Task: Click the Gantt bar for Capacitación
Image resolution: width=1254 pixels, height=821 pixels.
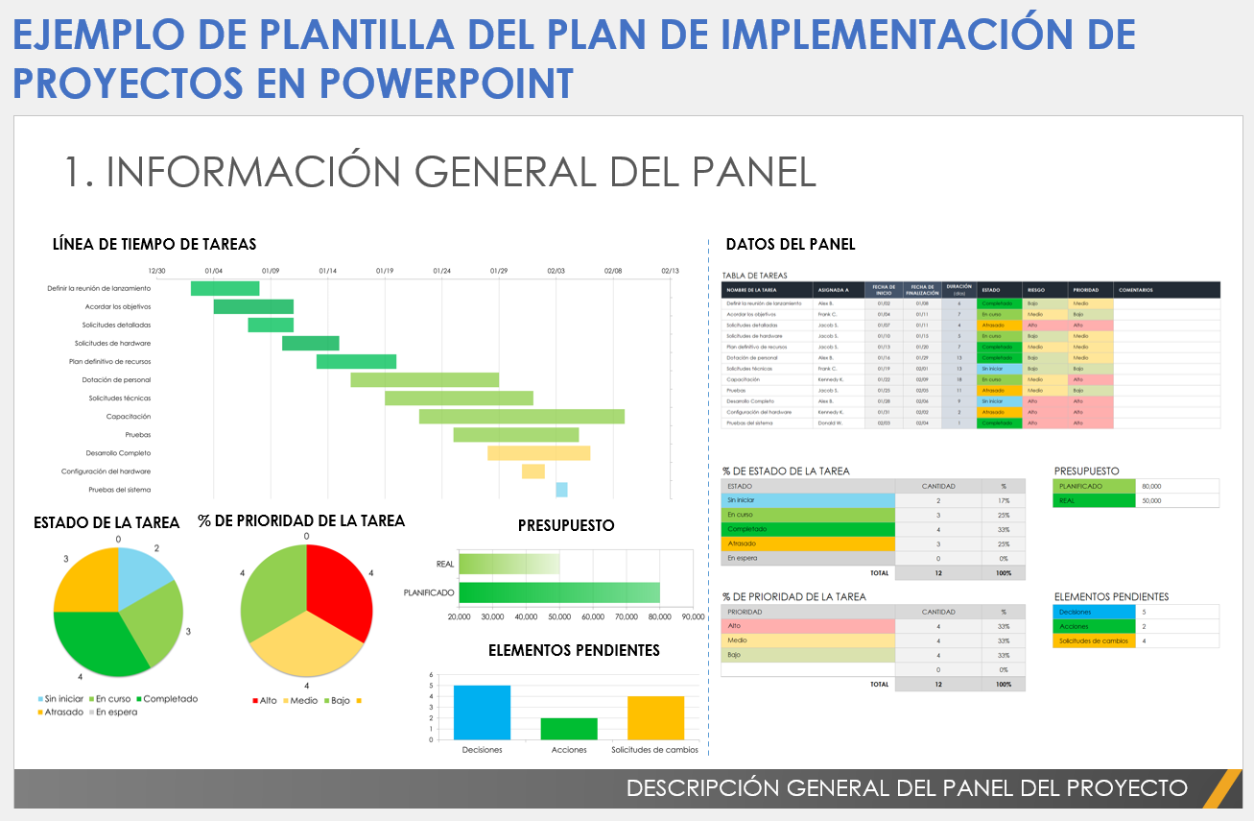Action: [x=521, y=417]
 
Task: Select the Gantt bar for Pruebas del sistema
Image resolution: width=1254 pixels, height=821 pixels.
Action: [x=561, y=490]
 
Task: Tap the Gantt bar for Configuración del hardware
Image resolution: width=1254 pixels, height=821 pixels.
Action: [x=533, y=471]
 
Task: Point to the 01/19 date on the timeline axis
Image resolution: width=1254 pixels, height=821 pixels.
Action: [x=385, y=272]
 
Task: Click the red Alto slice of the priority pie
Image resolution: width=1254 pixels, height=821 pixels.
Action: [x=340, y=591]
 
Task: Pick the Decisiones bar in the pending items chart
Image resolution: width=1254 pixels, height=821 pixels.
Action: [x=482, y=712]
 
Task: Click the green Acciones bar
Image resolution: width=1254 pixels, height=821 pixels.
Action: [x=569, y=728]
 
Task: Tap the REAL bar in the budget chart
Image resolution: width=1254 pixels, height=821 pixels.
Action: [x=509, y=565]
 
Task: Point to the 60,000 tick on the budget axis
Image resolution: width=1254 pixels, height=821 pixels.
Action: [x=593, y=616]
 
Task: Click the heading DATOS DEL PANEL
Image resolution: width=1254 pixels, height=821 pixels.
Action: [x=790, y=245]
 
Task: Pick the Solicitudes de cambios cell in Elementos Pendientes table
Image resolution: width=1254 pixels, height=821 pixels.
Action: [x=1093, y=640]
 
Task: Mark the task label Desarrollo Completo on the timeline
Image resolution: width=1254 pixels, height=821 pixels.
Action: [x=118, y=453]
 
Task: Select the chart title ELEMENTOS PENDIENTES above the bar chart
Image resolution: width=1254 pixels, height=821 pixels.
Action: [x=574, y=651]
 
